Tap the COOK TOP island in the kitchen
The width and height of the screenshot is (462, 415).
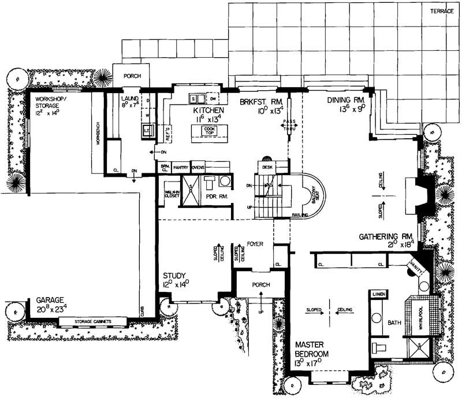[207, 131]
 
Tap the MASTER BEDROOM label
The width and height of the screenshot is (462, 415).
[312, 349]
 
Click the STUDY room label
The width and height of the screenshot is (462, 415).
[174, 276]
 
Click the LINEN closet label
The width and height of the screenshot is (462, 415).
[379, 294]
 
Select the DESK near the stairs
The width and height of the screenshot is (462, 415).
[267, 167]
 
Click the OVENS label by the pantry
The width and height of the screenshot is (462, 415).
[198, 166]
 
